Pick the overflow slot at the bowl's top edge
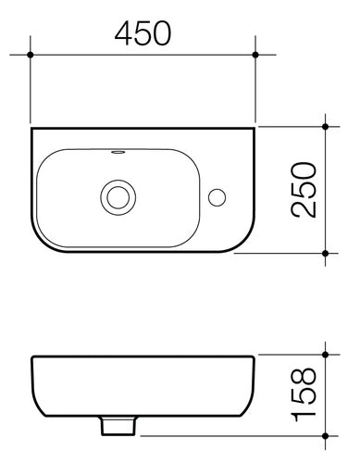pos(118,151)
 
